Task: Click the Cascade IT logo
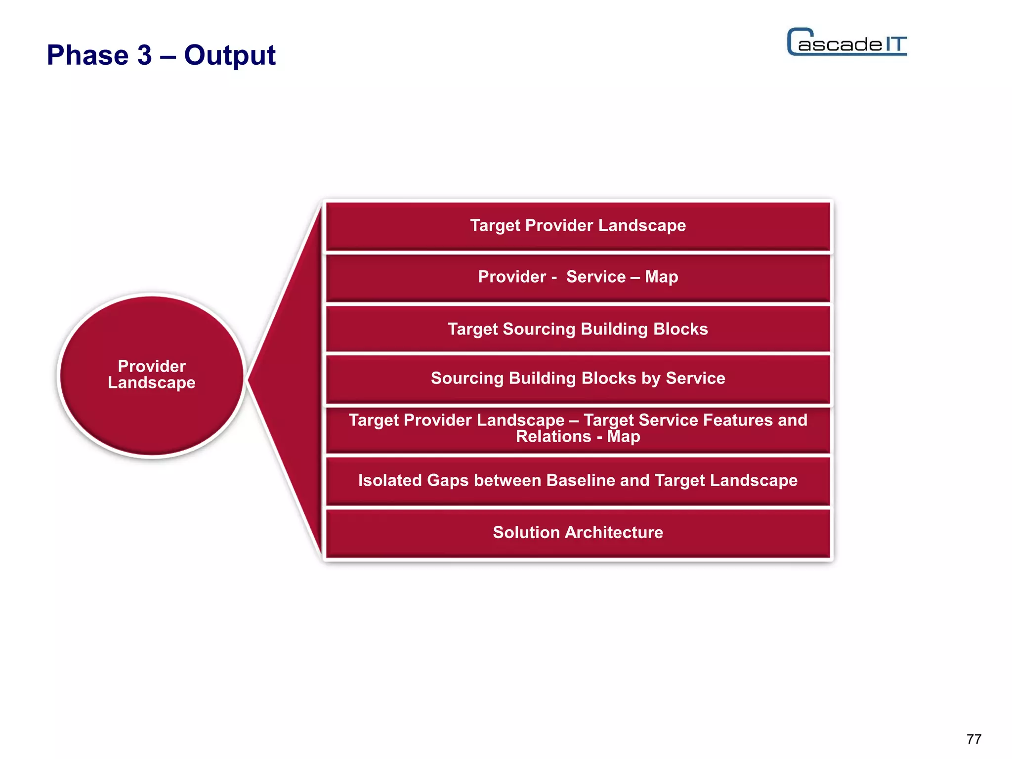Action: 847,42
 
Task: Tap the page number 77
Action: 973,739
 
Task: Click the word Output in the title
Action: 230,55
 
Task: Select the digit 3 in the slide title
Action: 144,55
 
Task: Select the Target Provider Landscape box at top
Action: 578,226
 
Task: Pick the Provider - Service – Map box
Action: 578,277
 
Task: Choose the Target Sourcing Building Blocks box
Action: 578,329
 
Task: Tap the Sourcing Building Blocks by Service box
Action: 578,379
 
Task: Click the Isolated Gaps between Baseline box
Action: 578,480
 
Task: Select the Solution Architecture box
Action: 578,533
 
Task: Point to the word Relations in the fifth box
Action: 553,437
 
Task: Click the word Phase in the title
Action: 87,55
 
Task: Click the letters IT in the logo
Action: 895,44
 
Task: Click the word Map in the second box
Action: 661,277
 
